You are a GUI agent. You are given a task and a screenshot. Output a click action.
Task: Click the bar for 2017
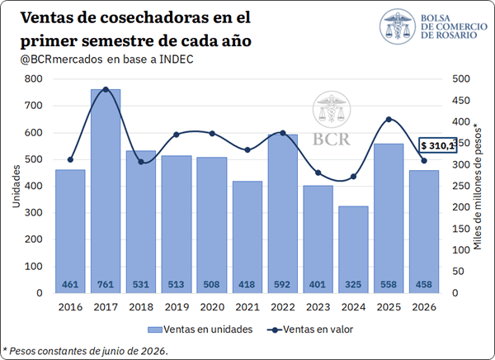106,192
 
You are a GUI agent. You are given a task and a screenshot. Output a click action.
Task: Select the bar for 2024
353,249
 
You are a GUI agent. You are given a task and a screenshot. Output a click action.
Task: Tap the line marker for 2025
389,120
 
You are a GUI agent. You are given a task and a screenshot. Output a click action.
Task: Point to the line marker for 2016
70,159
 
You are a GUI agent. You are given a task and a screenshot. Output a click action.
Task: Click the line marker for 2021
247,149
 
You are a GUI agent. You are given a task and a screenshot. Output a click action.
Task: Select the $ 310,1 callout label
437,145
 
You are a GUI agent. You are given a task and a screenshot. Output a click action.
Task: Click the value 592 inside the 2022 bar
282,285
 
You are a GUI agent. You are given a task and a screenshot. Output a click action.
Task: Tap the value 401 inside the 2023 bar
318,285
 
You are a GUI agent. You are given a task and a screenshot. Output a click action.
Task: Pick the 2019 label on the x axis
177,307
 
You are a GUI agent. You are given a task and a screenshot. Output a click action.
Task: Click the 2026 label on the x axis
424,307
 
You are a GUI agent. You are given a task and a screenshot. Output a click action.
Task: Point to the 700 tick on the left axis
33,106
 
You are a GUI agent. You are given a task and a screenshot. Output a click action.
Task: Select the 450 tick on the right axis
461,101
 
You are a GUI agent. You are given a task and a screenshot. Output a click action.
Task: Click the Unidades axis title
16,187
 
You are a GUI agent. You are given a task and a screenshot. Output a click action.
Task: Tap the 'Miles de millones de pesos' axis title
478,189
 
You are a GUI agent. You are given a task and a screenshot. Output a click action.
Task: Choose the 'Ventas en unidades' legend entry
200,329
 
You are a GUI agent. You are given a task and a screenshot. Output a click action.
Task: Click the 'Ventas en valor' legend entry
310,329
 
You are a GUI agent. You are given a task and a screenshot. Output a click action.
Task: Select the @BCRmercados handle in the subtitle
62,59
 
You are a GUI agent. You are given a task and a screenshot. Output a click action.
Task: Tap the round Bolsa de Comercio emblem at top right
398,26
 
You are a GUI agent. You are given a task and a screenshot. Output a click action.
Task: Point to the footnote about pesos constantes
85,351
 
